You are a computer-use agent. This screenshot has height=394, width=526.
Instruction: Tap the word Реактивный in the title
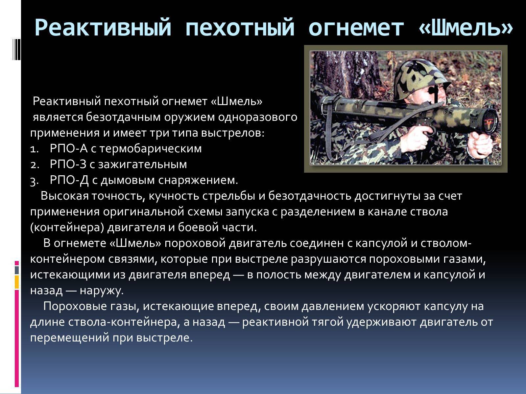pos(103,27)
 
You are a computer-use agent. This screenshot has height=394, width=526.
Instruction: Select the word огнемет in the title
pos(356,28)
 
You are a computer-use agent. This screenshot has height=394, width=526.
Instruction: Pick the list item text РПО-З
pos(68,164)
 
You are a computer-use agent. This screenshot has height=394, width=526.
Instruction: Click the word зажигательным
pos(142,164)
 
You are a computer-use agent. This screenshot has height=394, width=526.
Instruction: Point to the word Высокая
pos(65,196)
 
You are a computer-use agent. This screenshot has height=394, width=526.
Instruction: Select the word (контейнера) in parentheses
pos(67,228)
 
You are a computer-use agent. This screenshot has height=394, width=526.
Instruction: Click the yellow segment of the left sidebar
pos(17,282)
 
